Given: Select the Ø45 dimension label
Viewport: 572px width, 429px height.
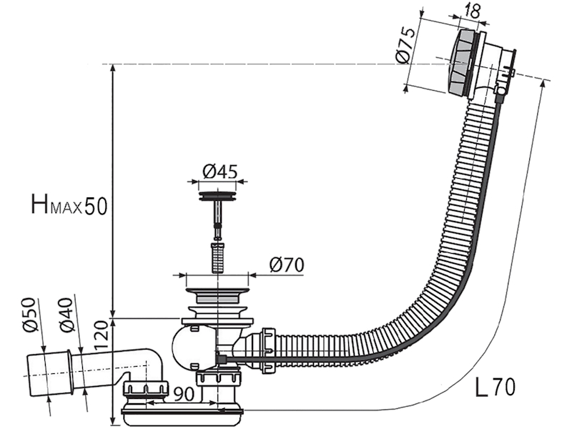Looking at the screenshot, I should (x=220, y=172).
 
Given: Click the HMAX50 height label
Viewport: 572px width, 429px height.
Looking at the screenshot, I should (x=69, y=205).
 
